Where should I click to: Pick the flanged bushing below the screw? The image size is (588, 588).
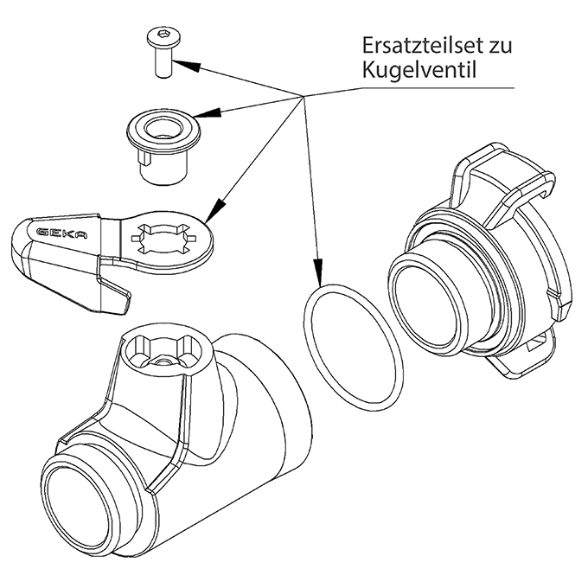(162, 145)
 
